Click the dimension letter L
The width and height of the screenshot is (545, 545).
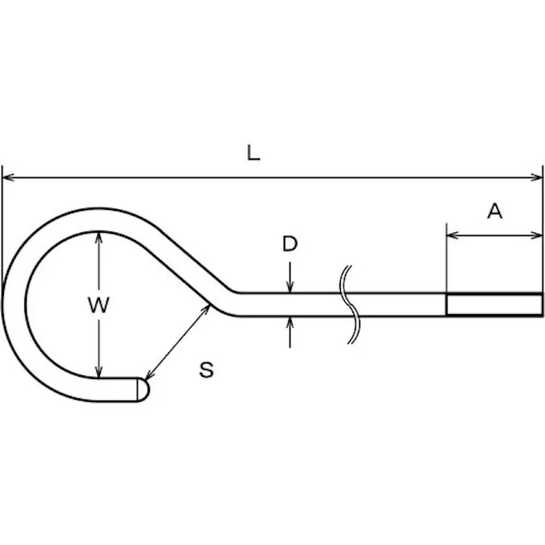pyautogui.click(x=253, y=153)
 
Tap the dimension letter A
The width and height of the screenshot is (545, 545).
pyautogui.click(x=495, y=211)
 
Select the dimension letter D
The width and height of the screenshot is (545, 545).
pyautogui.click(x=290, y=244)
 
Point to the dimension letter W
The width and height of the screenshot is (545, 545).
pyautogui.click(x=99, y=305)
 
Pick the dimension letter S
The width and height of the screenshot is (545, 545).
pyautogui.click(x=206, y=369)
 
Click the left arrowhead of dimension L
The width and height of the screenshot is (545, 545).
pyautogui.click(x=8, y=177)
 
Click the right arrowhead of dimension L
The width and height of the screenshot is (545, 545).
pyautogui.click(x=537, y=177)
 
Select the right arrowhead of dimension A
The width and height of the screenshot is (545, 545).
pyautogui.click(x=537, y=235)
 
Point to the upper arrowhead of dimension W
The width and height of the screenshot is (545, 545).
pyautogui.click(x=99, y=238)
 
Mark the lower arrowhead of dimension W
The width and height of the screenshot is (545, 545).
pyautogui.click(x=99, y=371)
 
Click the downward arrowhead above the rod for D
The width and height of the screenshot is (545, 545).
pyautogui.click(x=290, y=287)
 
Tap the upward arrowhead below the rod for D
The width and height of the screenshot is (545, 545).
pyautogui.click(x=290, y=323)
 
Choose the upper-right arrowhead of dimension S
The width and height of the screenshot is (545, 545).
pyautogui.click(x=206, y=310)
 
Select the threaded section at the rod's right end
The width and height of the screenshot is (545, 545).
pyautogui.click(x=495, y=304)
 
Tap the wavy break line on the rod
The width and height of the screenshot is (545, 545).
pyautogui.click(x=349, y=305)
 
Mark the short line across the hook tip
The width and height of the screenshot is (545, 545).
pyautogui.click(x=138, y=389)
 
